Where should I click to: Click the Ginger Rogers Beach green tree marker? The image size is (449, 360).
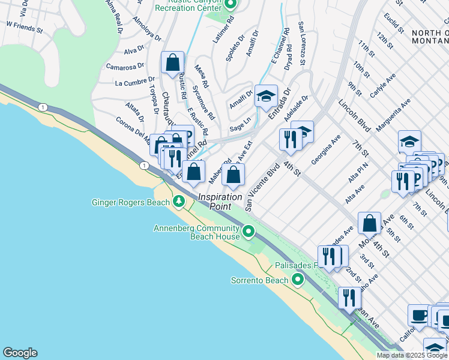point(178,201)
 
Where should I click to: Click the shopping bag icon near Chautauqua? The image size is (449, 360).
point(173,62)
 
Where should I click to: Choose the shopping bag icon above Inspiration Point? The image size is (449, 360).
point(234,175)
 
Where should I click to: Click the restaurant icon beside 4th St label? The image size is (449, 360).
point(291,139)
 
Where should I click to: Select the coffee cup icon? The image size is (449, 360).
point(419,314)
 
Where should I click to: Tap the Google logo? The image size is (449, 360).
point(19,353)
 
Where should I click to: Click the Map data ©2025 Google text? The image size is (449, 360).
point(412,355)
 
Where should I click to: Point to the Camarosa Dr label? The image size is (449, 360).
point(124,66)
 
